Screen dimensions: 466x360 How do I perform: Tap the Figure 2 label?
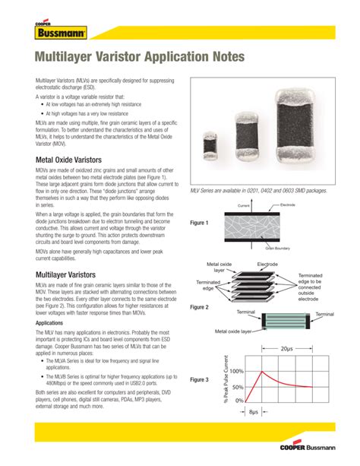tap(199, 307)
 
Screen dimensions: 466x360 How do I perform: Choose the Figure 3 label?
tap(199, 379)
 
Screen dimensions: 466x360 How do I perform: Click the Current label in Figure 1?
tap(243, 206)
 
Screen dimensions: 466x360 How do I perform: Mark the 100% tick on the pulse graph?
tap(235, 372)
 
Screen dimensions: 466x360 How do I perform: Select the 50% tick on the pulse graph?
tap(237, 386)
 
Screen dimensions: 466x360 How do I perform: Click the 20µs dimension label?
tap(286, 349)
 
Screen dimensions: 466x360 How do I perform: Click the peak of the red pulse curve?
tap(261, 372)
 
